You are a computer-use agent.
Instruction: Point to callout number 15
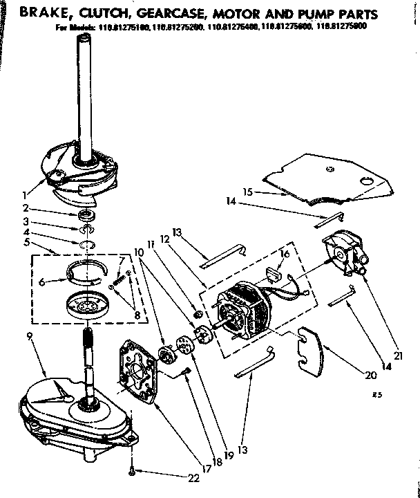pyautogui.click(x=248, y=192)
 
